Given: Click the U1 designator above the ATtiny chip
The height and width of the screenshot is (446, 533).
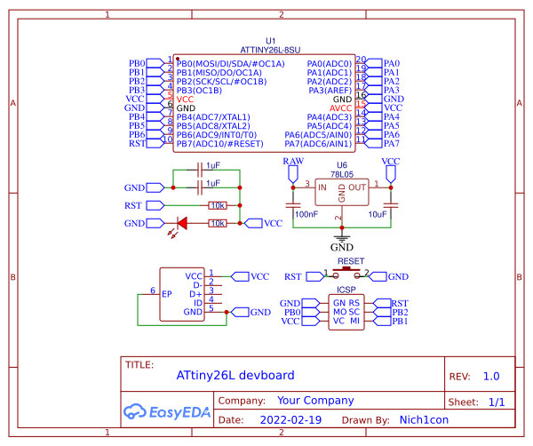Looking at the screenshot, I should tap(271, 41).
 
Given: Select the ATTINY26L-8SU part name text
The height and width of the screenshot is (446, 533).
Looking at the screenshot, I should tap(271, 52).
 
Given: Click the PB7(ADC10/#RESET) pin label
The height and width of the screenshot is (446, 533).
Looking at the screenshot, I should tap(219, 143).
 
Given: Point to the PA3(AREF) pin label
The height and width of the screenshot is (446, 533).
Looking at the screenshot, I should tap(329, 90).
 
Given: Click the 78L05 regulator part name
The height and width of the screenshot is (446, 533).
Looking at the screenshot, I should tap(341, 176).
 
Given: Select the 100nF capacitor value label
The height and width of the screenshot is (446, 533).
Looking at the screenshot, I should tap(306, 214).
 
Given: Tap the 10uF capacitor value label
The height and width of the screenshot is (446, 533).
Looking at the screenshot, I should tap(377, 214).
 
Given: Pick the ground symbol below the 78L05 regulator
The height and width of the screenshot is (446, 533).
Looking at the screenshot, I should tap(341, 240).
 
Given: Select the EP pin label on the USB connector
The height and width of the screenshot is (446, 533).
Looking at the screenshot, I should tap(166, 292).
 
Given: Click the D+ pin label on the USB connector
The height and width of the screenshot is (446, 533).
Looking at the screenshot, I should tap(195, 293).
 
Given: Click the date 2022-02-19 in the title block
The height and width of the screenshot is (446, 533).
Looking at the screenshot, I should tap(290, 418).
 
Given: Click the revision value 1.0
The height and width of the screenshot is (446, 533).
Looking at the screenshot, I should tap(491, 376).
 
